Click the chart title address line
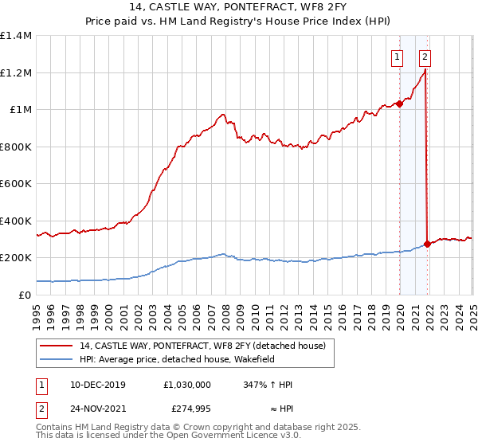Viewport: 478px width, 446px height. point(239,9)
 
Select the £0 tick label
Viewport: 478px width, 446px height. point(24,295)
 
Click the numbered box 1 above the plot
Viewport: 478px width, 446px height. point(396,57)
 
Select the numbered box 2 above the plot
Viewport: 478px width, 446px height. point(425,57)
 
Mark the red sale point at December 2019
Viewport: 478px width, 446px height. point(399,104)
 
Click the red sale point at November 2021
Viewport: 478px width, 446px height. point(428,244)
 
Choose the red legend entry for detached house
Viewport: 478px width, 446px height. point(202,346)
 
